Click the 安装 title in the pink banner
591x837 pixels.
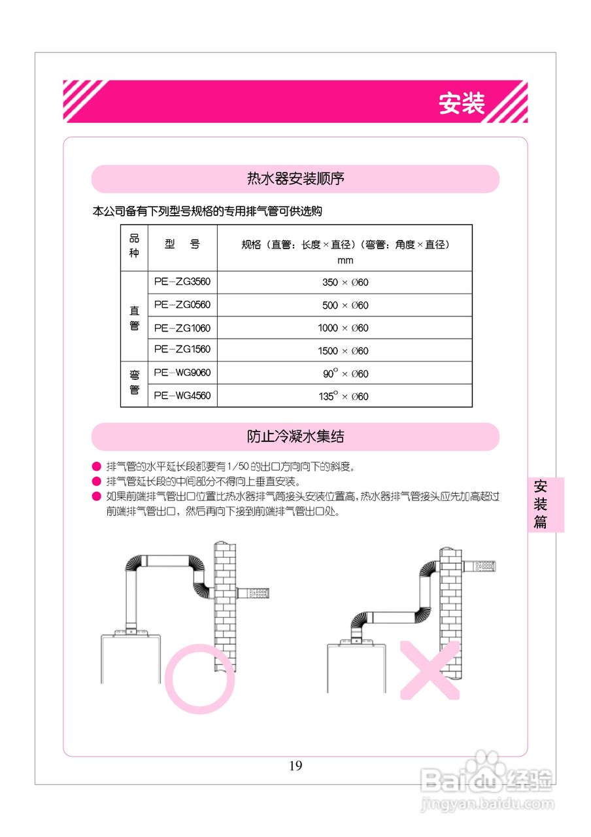462,103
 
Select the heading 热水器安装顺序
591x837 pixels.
295,179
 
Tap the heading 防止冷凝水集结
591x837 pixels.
295,436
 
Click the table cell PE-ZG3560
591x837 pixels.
182,282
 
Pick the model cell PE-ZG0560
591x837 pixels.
182,305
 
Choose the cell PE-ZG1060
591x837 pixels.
182,328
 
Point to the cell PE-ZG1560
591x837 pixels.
182,350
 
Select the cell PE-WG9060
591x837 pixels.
182,373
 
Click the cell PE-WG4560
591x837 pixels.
182,396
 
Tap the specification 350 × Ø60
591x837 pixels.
345,282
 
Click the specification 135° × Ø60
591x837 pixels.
345,396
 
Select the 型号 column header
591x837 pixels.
182,245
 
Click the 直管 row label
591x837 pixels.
134,317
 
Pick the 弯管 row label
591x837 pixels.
134,384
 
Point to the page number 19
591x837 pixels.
295,766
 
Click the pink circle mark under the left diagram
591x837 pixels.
199,678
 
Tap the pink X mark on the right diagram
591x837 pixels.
430,670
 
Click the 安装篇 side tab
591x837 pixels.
541,504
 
